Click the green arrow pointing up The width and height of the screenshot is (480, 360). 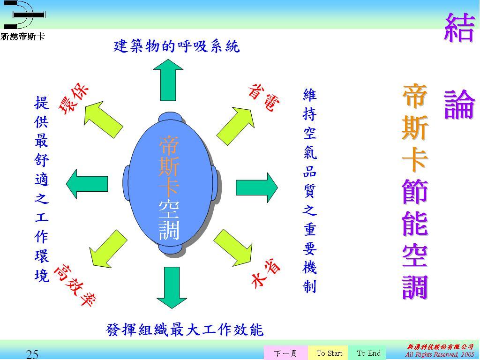pyautogui.click(x=168, y=80)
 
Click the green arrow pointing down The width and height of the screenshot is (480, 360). pyautogui.click(x=172, y=287)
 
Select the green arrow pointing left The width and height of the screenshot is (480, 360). pyautogui.click(x=87, y=184)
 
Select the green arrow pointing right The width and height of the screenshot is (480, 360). pyautogui.click(x=256, y=187)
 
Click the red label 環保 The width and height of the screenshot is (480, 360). pyautogui.click(x=74, y=98)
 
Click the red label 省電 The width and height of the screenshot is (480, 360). pyautogui.click(x=263, y=97)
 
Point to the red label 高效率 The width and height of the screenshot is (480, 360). pyautogui.click(x=75, y=285)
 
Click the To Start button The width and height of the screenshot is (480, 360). pyautogui.click(x=330, y=353)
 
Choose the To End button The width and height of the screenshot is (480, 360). pyautogui.click(x=368, y=353)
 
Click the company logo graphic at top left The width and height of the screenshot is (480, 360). pyautogui.click(x=24, y=15)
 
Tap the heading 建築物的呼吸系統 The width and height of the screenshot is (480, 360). pyautogui.click(x=177, y=46)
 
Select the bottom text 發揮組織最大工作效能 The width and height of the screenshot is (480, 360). pyautogui.click(x=185, y=330)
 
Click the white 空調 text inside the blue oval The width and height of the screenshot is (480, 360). pyautogui.click(x=169, y=220)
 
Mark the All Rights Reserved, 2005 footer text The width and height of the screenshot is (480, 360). pyautogui.click(x=439, y=354)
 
